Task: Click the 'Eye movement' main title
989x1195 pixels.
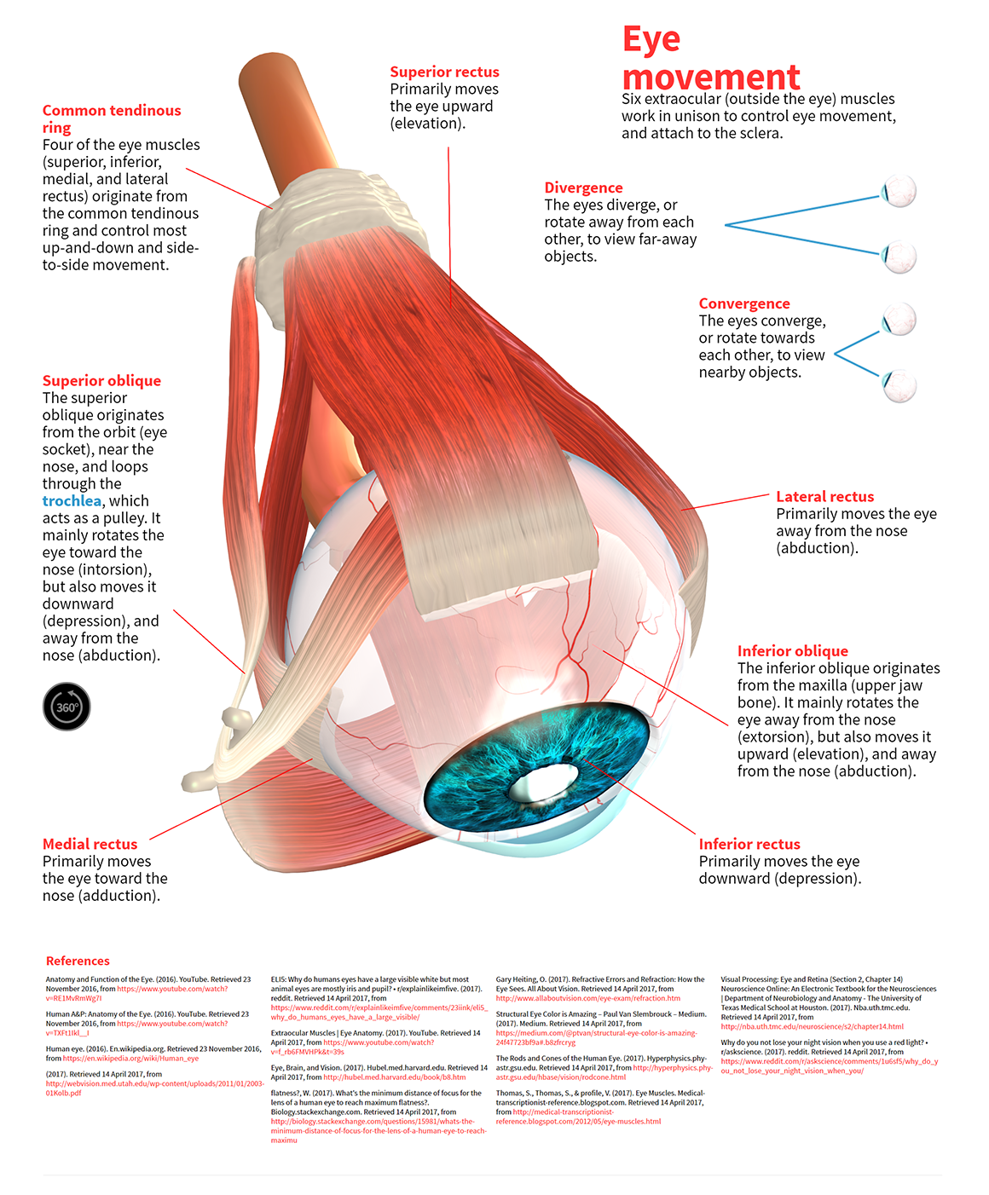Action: click(710, 58)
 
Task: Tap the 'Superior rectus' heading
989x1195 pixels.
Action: click(444, 72)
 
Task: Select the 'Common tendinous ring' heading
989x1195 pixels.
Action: click(111, 118)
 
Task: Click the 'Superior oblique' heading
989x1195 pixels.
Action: click(101, 381)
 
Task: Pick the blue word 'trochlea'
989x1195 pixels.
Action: click(72, 501)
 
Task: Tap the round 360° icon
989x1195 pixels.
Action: click(67, 707)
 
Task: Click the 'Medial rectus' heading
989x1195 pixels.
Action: click(90, 844)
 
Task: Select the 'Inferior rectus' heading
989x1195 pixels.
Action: click(749, 844)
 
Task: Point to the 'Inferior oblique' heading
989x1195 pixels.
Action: click(792, 651)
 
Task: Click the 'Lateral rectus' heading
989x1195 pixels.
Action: click(824, 497)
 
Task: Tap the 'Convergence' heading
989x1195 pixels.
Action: click(744, 304)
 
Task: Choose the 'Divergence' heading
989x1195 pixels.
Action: click(583, 188)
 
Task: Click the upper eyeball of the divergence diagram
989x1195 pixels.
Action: click(899, 191)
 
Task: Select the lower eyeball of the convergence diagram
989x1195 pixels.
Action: click(899, 385)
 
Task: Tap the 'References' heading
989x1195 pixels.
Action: click(78, 961)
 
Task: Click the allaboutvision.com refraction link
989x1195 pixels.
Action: click(587, 998)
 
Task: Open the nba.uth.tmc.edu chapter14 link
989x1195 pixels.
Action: click(812, 1027)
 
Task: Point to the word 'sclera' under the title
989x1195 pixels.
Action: click(761, 134)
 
